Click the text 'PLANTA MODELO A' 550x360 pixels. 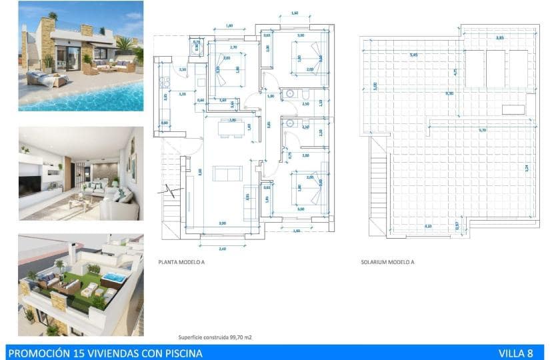click(181, 262)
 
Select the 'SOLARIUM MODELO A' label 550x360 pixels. click(387, 262)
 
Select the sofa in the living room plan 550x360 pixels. click(227, 173)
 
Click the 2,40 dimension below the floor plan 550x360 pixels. click(223, 249)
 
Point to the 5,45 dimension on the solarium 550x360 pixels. click(414, 55)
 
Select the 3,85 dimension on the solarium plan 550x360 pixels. click(500, 39)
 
